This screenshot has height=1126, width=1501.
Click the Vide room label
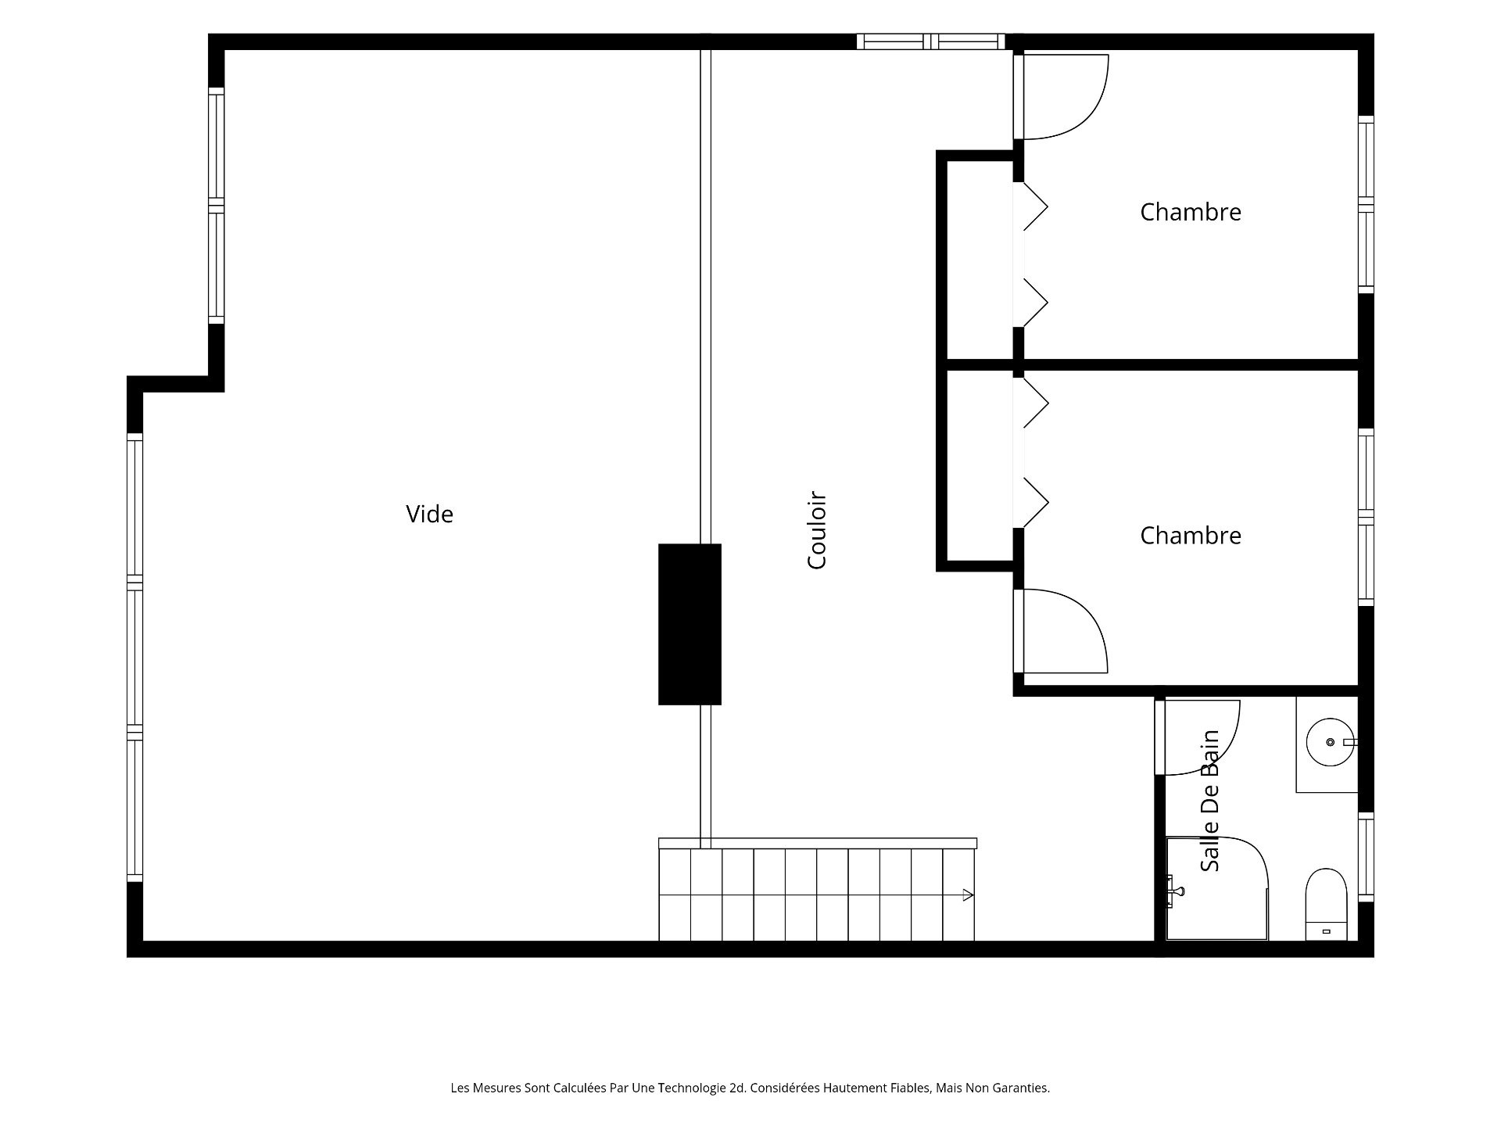pos(429,514)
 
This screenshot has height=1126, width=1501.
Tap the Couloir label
pos(817,530)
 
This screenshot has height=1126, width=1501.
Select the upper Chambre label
pos(1190,212)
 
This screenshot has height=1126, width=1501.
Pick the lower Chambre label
pos(1190,536)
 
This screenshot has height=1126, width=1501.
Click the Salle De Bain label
pos(1210,800)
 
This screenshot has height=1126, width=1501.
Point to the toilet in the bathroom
pos(1327,904)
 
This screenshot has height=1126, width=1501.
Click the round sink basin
pos(1331,741)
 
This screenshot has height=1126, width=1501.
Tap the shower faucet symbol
pos(1174,891)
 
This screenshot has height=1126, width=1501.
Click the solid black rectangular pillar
pos(690,624)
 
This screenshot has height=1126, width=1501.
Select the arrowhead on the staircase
pos(968,895)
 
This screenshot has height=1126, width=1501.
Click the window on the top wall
pos(930,41)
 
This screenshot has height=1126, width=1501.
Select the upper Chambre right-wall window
pos(1366,205)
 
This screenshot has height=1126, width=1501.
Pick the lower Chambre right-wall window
pos(1366,517)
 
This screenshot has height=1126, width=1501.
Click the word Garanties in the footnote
pos(1019,1088)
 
